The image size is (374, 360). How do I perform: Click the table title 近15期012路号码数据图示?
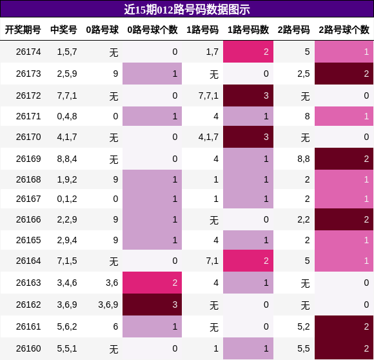click(187, 10)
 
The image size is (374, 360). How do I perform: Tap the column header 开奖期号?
click(23, 30)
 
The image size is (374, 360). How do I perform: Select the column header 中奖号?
click(64, 30)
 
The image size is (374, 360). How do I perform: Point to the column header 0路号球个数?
click(152, 30)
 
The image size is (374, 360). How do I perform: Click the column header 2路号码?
click(293, 30)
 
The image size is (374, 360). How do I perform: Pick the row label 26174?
click(28, 52)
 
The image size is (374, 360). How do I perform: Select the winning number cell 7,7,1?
click(67, 95)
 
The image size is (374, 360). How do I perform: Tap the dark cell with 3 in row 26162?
click(152, 305)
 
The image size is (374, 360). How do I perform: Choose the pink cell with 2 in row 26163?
click(152, 283)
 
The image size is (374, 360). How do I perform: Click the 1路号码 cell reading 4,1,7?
click(208, 137)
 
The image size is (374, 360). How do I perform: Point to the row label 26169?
click(28, 159)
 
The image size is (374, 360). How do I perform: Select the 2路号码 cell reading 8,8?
click(304, 159)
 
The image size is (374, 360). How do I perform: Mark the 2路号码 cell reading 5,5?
click(304, 348)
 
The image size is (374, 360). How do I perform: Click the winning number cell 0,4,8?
click(67, 116)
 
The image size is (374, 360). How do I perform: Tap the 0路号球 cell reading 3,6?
click(112, 283)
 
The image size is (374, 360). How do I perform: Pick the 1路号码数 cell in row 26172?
click(248, 95)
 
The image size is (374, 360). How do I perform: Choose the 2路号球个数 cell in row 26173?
click(344, 74)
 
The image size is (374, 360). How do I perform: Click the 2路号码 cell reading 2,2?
click(304, 219)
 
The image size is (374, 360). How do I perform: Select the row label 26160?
click(28, 348)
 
